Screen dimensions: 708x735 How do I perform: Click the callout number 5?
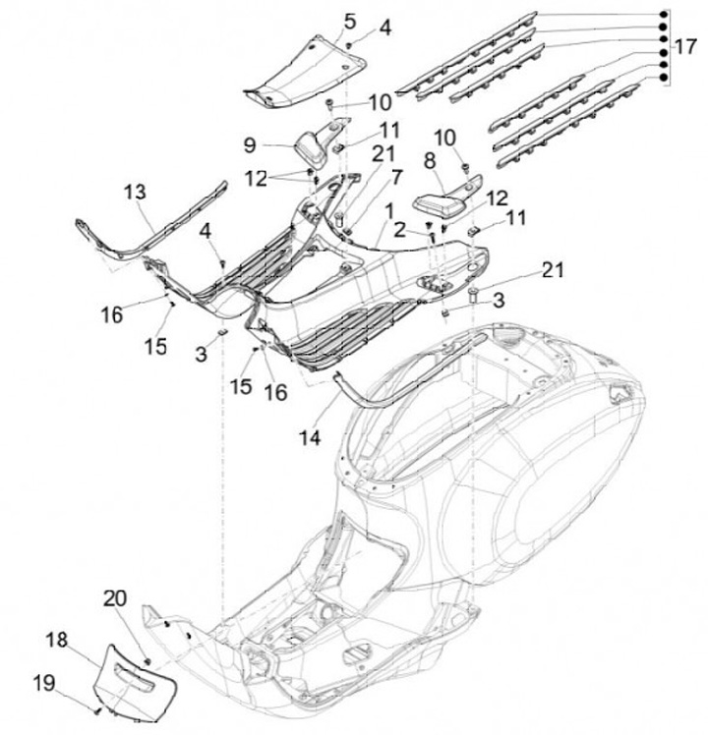click(350, 21)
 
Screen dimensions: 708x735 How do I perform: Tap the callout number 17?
click(685, 46)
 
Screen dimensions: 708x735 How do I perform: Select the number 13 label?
click(136, 192)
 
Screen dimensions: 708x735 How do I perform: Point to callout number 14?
click(310, 438)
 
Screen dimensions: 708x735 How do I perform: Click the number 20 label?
click(115, 598)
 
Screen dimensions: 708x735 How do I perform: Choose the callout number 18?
click(57, 640)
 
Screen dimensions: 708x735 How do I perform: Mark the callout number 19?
click(44, 684)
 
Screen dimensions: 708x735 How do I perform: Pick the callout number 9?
click(250, 145)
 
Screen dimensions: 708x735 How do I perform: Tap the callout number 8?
click(430, 161)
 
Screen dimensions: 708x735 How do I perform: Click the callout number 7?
click(396, 178)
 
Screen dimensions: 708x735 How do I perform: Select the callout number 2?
click(399, 230)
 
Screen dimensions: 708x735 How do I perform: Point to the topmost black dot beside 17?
click(664, 14)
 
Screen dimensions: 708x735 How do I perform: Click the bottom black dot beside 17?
click(664, 78)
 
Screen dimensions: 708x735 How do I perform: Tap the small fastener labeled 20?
click(147, 661)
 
